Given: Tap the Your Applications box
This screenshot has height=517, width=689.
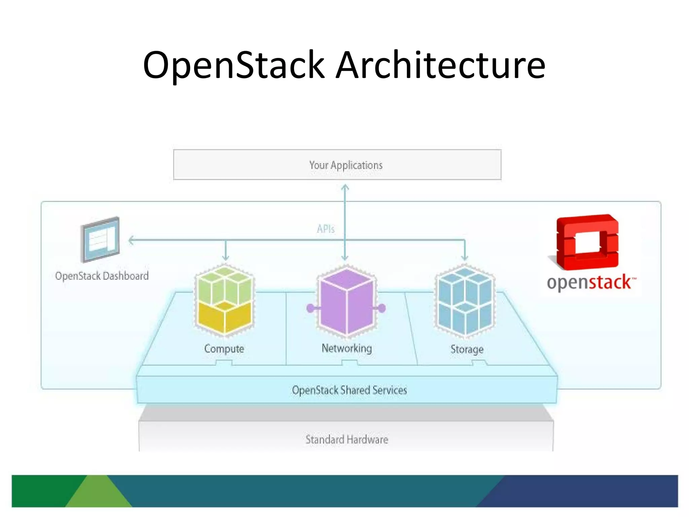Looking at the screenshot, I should pyautogui.click(x=337, y=165).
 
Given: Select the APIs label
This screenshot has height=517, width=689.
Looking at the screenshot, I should pyautogui.click(x=326, y=229).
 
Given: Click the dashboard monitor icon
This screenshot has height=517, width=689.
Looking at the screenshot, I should pyautogui.click(x=100, y=240).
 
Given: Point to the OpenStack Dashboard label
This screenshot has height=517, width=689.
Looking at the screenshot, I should pyautogui.click(x=102, y=276).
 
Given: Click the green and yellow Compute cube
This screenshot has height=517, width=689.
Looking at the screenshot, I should pyautogui.click(x=224, y=300).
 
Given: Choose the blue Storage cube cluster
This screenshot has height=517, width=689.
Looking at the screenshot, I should pyautogui.click(x=465, y=301).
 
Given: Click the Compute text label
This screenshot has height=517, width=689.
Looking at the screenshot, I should pyautogui.click(x=224, y=349).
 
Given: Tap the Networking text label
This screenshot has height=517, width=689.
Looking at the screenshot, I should pyautogui.click(x=347, y=348).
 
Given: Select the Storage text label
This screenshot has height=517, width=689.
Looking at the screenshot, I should pyautogui.click(x=467, y=349).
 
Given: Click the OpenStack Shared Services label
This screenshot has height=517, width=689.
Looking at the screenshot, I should pyautogui.click(x=349, y=390).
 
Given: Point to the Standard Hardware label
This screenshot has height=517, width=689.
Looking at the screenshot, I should pyautogui.click(x=347, y=440).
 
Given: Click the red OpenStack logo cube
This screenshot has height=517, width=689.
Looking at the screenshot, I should pyautogui.click(x=587, y=242).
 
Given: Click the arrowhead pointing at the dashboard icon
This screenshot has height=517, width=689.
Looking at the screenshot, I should pyautogui.click(x=132, y=240).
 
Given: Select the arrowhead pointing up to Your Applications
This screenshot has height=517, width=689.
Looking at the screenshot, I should pyautogui.click(x=345, y=187).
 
